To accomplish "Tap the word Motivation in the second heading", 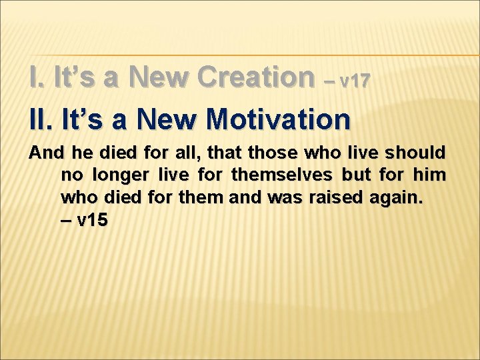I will [278, 119].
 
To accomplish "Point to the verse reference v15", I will [84, 221].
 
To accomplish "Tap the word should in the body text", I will [419, 153].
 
